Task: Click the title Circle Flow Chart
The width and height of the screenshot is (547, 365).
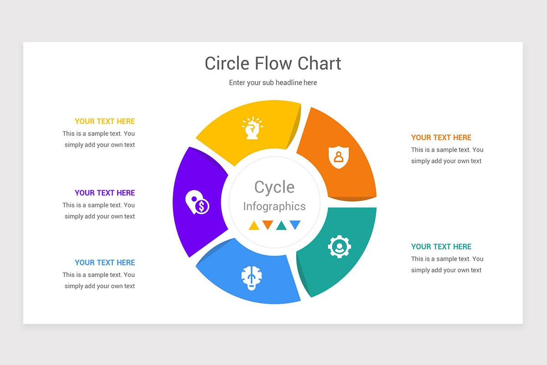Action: (273, 63)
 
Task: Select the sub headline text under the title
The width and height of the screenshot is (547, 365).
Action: (273, 83)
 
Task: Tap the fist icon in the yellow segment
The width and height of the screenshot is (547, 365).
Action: (252, 128)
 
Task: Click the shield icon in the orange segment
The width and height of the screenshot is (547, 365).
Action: (338, 157)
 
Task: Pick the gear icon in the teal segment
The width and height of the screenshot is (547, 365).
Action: (339, 247)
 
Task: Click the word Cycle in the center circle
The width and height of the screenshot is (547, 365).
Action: (274, 187)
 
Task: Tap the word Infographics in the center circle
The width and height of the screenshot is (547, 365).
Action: (274, 206)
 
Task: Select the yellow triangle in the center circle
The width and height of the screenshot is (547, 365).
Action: (254, 226)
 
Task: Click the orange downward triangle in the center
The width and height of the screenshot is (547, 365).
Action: (268, 224)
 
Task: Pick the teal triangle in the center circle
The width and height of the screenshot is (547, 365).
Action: (281, 226)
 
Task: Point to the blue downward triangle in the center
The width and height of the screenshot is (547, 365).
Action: (295, 224)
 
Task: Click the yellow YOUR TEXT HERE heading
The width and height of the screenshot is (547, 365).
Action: (105, 121)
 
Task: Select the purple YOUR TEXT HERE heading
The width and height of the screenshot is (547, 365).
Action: (105, 193)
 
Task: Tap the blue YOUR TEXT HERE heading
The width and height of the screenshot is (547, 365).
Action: (105, 263)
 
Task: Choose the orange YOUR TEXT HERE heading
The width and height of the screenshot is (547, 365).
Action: (441, 137)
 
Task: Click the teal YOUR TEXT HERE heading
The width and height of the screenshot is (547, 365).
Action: (441, 247)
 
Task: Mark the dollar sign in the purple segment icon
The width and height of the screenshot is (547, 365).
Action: (201, 207)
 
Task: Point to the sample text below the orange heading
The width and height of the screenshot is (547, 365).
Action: (447, 155)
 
